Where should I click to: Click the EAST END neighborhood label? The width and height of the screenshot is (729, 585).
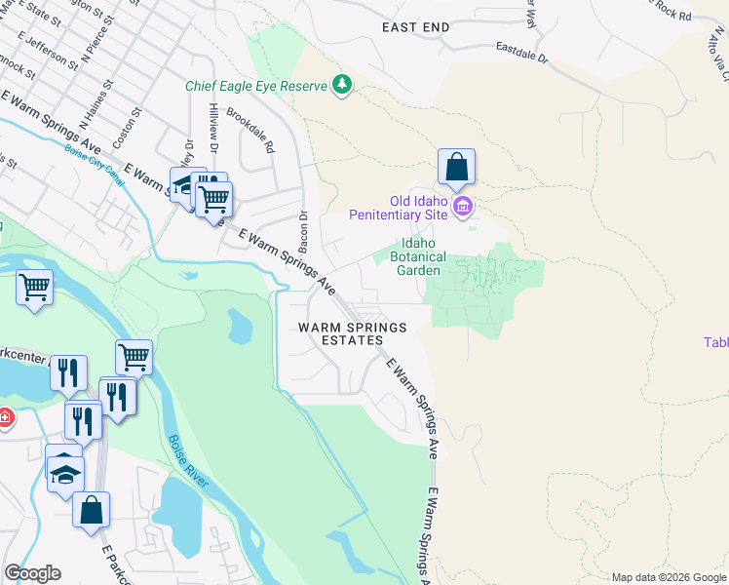(x=415, y=27)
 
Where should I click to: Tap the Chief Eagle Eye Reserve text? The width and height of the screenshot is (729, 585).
(x=256, y=86)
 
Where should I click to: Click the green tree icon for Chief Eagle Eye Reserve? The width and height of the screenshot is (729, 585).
(x=341, y=86)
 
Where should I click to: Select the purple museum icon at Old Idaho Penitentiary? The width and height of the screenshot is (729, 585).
(x=463, y=207)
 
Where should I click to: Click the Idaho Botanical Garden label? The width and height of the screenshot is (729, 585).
(x=417, y=257)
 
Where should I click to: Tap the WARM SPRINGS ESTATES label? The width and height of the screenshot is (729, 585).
(x=352, y=333)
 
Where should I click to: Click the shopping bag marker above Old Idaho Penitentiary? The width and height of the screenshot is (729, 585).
(x=456, y=169)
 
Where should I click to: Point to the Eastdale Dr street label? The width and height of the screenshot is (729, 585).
(x=522, y=52)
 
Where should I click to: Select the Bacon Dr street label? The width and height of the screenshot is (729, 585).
(x=303, y=228)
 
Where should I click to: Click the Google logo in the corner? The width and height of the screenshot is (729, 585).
(x=32, y=573)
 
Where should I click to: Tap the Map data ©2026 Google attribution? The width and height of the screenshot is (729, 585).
(x=668, y=577)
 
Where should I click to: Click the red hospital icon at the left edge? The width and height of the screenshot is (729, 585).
(x=6, y=418)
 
